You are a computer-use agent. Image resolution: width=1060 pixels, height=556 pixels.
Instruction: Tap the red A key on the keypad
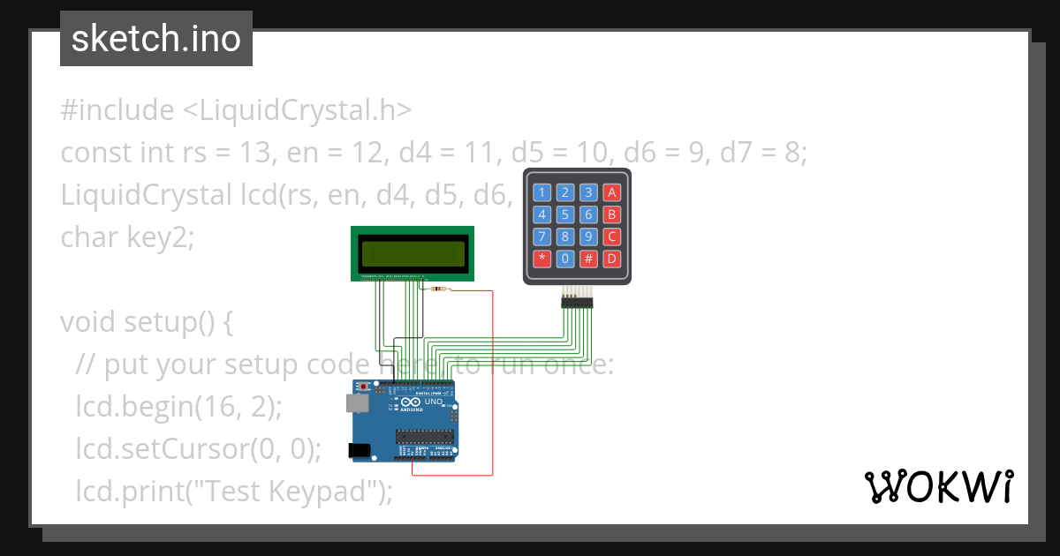coord(611,192)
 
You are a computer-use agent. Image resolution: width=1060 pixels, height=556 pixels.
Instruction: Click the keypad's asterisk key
coord(542,259)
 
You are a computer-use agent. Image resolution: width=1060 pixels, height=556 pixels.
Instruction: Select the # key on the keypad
coord(588,259)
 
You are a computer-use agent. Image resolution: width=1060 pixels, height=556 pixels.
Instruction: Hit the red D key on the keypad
coord(611,259)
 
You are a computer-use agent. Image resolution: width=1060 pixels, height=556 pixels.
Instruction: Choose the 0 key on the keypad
coord(565,259)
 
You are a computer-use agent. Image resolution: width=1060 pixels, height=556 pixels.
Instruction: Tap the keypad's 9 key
coord(588,237)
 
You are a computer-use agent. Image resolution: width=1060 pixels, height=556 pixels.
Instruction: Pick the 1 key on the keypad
coord(542,192)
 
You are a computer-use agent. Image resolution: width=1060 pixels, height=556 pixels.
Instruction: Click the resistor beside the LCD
coord(435,289)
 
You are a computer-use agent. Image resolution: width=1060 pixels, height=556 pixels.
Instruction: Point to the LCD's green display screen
coord(413,254)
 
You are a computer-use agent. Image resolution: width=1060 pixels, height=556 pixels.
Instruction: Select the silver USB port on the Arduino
coord(357,403)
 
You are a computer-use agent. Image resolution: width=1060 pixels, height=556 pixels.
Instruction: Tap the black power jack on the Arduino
coord(360,450)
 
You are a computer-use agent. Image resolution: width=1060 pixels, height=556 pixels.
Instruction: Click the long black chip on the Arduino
coord(424,436)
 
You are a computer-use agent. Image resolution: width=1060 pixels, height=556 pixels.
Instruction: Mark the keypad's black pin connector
coord(577,303)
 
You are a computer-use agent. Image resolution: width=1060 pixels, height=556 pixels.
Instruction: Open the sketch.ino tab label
coord(156,39)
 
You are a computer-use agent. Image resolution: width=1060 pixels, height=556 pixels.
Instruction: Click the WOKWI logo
coord(938,486)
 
